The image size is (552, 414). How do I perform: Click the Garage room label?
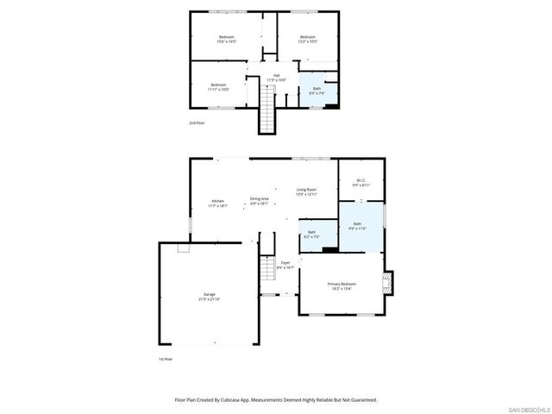coord(209,295)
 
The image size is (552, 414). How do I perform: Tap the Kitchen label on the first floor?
coord(216,201)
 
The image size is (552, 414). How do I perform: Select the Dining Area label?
coord(260,198)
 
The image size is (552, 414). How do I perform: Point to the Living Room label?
coord(307,190)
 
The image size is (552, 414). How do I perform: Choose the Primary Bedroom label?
coord(342,284)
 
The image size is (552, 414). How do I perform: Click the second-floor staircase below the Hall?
coord(268,112)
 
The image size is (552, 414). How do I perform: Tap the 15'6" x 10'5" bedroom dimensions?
coord(227,41)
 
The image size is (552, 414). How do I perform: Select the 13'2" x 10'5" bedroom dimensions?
coord(308,41)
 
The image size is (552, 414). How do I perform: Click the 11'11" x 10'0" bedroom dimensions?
coord(218,89)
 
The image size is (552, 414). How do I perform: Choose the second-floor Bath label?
coord(317,88)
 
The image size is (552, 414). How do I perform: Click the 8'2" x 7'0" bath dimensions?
coord(311,236)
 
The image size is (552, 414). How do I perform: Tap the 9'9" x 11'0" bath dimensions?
coord(357,229)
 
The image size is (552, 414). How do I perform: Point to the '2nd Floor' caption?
coord(198,123)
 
